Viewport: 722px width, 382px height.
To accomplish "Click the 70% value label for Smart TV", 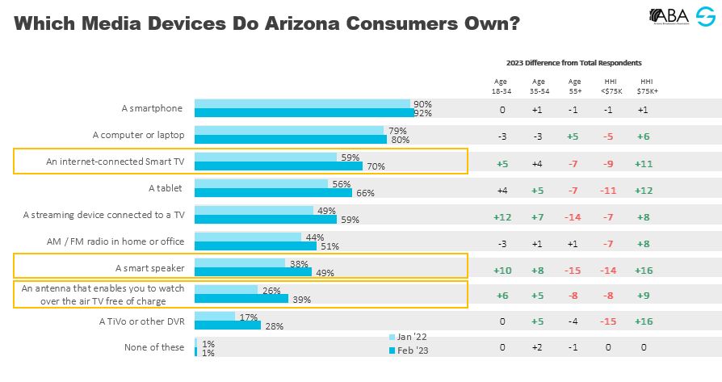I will [x=375, y=166].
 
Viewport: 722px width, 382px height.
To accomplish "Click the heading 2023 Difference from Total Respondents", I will [x=573, y=62].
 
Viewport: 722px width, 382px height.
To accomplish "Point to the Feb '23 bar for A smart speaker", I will [x=253, y=272].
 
